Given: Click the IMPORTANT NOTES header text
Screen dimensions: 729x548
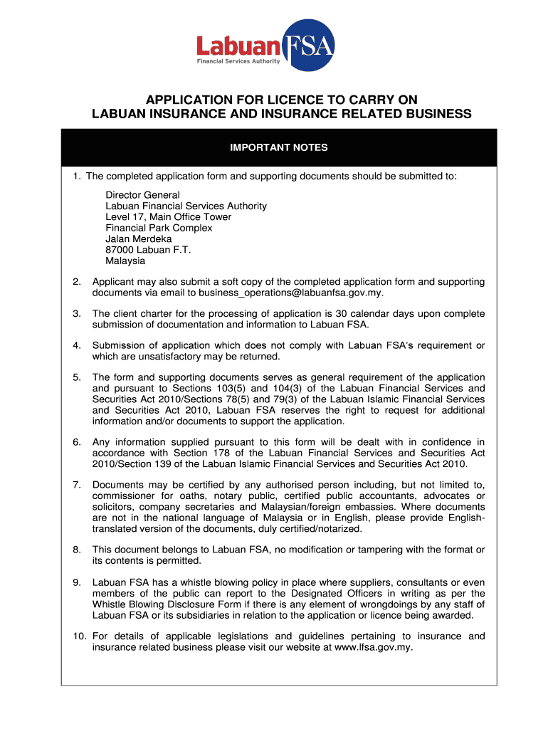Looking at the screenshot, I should pyautogui.click(x=278, y=148).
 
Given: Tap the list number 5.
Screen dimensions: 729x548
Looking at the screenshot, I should pyautogui.click(x=76, y=377).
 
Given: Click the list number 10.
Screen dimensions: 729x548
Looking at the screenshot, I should pyautogui.click(x=79, y=636).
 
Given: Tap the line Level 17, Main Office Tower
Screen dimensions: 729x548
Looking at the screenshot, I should pyautogui.click(x=168, y=216).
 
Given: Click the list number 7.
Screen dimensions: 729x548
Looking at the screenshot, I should pyautogui.click(x=76, y=485).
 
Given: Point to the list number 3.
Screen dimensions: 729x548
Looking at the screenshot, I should pyautogui.click(x=76, y=313).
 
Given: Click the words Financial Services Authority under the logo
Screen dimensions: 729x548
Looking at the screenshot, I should pyautogui.click(x=238, y=61).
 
